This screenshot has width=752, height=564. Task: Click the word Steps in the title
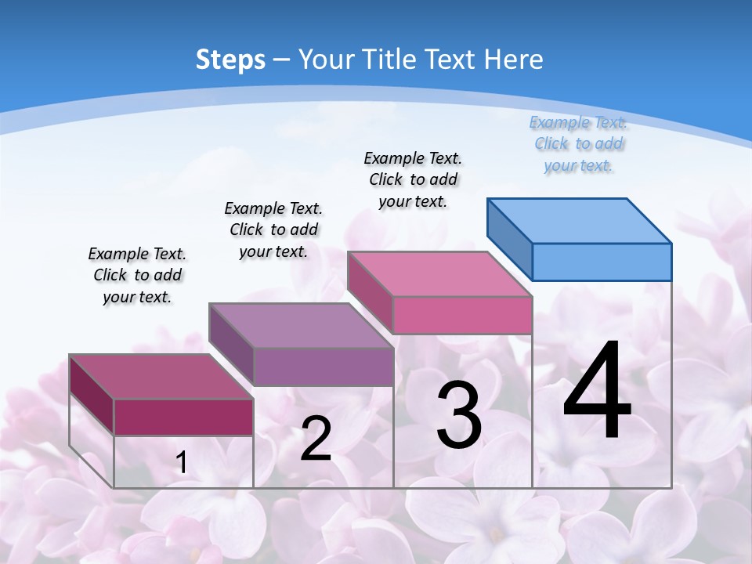[x=230, y=60]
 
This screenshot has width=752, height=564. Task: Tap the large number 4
[x=597, y=392]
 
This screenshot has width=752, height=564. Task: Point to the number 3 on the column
[x=459, y=415]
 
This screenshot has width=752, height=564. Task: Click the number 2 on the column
[x=316, y=439]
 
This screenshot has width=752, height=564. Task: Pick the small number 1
[x=182, y=463]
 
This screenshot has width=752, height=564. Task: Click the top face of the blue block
[x=580, y=220]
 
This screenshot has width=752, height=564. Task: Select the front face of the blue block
[x=602, y=262]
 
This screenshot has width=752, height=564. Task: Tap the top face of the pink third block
[x=440, y=274]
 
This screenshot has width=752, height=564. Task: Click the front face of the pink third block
[x=462, y=315]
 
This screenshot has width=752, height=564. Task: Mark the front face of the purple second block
[x=324, y=367]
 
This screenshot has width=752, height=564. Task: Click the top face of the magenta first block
[x=161, y=377]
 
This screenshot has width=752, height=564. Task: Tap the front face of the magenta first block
[x=183, y=417]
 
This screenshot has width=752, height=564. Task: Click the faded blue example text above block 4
[x=578, y=144]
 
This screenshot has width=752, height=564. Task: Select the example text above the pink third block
[x=413, y=179]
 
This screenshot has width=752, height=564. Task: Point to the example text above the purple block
[x=273, y=230]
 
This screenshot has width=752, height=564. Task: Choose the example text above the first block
[x=137, y=275]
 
